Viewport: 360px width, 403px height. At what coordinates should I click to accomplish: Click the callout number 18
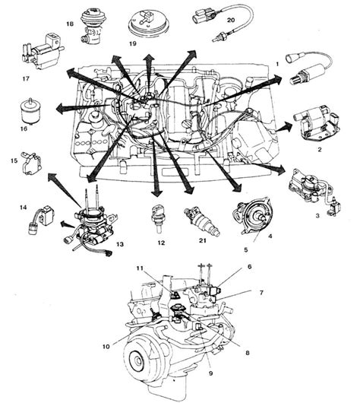click(x=70, y=24)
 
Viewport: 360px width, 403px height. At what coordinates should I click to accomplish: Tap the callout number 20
click(x=231, y=20)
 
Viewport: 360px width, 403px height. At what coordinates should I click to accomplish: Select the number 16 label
click(x=24, y=129)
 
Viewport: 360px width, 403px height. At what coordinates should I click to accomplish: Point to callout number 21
click(x=202, y=240)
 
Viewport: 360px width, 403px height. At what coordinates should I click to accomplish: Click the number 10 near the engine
click(x=106, y=346)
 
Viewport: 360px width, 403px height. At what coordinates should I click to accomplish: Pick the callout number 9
click(x=211, y=373)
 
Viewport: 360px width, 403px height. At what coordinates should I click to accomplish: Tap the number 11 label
click(x=140, y=268)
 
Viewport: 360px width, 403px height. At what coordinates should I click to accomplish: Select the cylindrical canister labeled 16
click(x=30, y=111)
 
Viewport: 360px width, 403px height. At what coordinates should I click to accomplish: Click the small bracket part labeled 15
click(x=32, y=163)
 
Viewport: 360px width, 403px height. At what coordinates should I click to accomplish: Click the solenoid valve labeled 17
click(x=42, y=52)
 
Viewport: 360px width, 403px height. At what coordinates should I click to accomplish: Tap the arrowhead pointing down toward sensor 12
click(x=156, y=193)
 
